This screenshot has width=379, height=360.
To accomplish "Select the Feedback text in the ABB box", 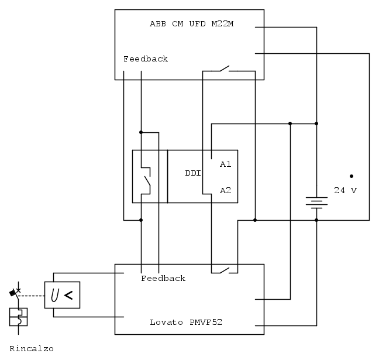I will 146,59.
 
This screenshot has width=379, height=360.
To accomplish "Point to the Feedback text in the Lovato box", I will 163,279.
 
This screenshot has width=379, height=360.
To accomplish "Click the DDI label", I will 193,173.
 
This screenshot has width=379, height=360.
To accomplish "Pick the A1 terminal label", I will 226,164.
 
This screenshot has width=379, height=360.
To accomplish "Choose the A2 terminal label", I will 226,190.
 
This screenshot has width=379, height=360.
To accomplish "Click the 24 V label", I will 345,191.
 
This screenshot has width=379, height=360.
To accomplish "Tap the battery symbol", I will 316,202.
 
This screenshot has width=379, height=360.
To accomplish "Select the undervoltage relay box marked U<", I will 62,295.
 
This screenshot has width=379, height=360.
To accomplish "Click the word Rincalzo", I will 32,349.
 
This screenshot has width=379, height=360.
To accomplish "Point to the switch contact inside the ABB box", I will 224,70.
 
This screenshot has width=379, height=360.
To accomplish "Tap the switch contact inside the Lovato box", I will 225,270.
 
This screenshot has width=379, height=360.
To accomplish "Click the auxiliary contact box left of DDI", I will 150,176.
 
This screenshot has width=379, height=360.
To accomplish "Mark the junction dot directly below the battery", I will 316,220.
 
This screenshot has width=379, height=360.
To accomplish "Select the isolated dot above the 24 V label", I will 352,176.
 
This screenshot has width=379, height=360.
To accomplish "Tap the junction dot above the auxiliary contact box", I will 141,132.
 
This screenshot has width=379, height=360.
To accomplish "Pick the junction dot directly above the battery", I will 316,124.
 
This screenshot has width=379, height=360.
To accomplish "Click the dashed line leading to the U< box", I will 32,295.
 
